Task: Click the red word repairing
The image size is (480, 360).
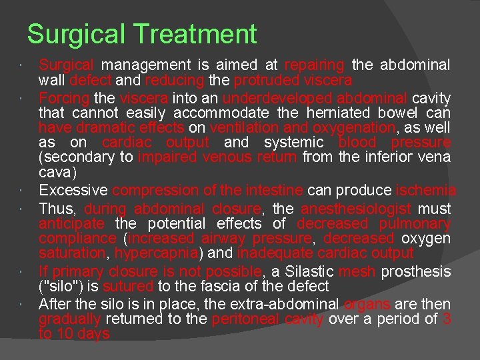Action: pos(315,65)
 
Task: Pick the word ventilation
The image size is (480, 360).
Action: pos(242,127)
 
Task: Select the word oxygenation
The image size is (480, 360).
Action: pos(338,127)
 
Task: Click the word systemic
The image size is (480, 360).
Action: pos(294,143)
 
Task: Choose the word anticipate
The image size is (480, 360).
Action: pos(72,223)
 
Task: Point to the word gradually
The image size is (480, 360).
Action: pos(69,319)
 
